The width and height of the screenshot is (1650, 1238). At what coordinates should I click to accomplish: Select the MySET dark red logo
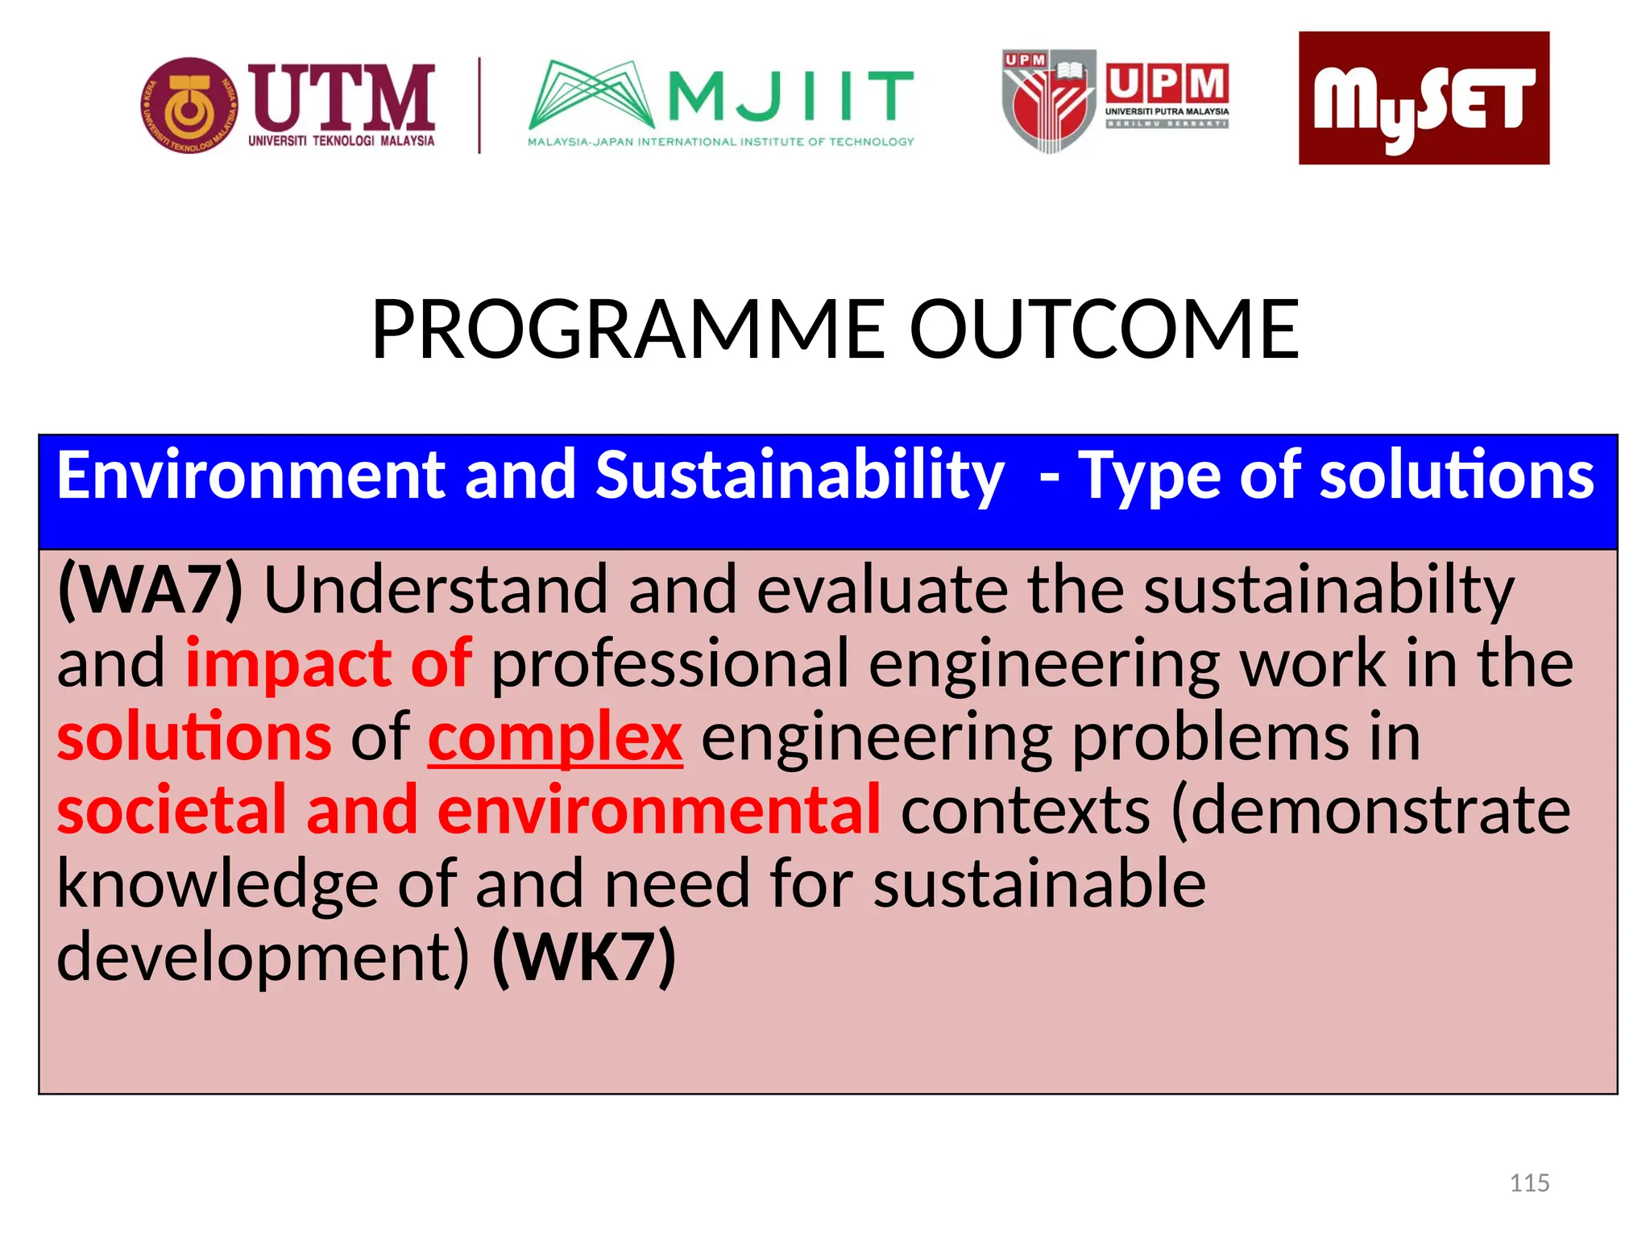click(1424, 98)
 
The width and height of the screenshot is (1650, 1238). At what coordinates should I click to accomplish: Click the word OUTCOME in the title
click(1104, 330)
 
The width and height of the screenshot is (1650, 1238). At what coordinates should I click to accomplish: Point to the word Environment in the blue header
click(251, 476)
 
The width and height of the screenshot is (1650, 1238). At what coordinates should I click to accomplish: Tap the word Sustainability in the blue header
click(799, 476)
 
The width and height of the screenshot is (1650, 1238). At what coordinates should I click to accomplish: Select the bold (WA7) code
click(150, 591)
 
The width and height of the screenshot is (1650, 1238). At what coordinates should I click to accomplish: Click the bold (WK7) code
click(584, 957)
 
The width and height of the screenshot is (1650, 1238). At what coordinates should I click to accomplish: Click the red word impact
click(288, 663)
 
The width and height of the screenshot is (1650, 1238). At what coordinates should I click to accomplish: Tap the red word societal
click(172, 810)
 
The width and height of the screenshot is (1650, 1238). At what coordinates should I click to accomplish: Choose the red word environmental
click(658, 810)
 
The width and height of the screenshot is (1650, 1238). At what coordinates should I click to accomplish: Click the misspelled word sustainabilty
click(1329, 591)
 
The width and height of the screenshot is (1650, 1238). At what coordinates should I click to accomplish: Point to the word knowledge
click(217, 884)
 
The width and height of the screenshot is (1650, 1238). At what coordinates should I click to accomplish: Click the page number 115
click(1529, 1183)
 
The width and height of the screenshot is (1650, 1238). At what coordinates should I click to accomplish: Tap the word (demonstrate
click(1370, 810)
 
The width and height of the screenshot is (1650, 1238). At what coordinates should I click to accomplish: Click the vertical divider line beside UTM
click(480, 106)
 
